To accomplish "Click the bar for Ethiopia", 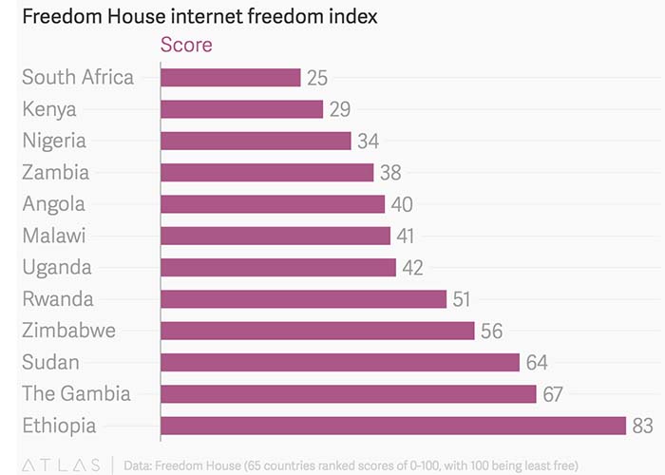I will (393, 426).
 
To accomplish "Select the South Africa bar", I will (231, 77).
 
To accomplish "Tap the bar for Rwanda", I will (303, 299).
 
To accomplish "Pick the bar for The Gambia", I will (349, 394).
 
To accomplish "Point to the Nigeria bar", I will (256, 141).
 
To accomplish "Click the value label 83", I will (643, 427).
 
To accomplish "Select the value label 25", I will (318, 78).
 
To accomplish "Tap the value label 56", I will (491, 332).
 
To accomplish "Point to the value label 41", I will (408, 237).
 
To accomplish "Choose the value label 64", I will (537, 363).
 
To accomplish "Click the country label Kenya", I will (49, 109).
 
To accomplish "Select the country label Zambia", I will (56, 172).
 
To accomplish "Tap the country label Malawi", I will (54, 236).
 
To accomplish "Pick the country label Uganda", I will (57, 268).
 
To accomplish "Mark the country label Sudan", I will (50, 362).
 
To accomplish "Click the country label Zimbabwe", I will (69, 331).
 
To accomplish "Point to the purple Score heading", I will (186, 45).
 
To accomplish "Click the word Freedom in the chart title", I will (62, 16).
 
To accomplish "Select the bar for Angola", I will (273, 204).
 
